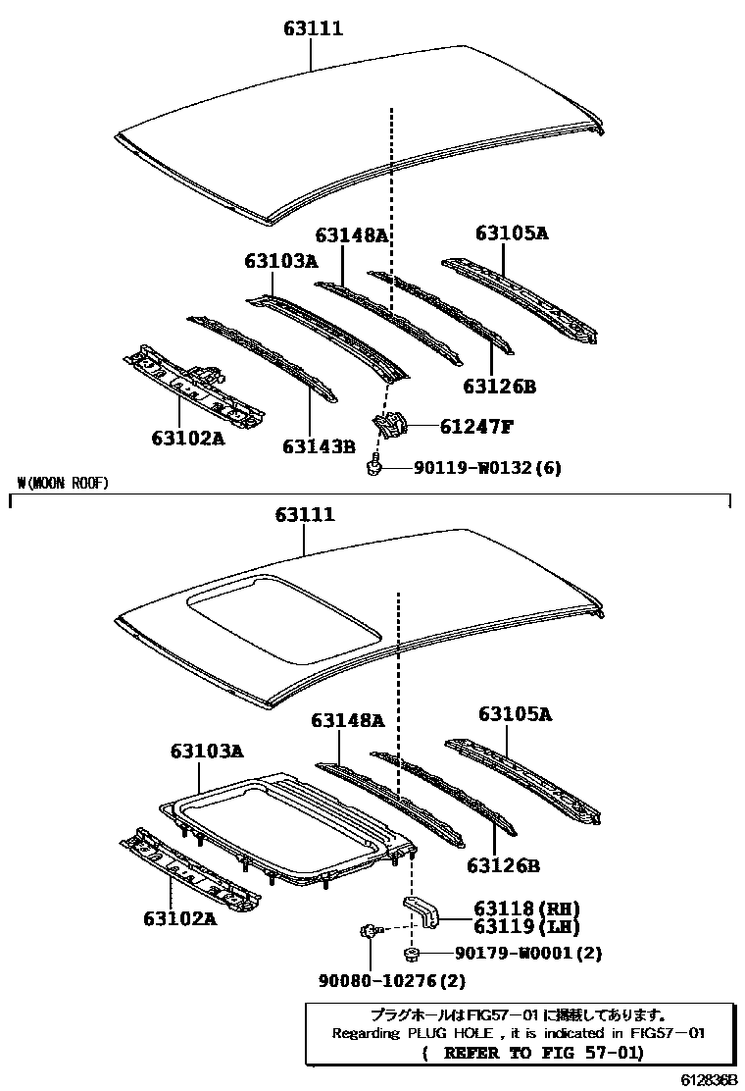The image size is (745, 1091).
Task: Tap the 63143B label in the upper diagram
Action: (x=318, y=446)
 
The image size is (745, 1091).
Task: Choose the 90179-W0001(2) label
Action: (x=527, y=954)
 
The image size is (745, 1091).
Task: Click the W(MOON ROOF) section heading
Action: (x=63, y=483)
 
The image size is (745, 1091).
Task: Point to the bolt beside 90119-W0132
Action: (x=373, y=469)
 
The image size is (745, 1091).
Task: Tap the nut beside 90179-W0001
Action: (x=412, y=954)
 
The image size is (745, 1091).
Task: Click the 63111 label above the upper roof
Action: (x=313, y=29)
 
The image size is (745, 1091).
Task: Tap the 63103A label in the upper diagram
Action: (x=281, y=261)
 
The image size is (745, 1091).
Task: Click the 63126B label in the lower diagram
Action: (x=503, y=865)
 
